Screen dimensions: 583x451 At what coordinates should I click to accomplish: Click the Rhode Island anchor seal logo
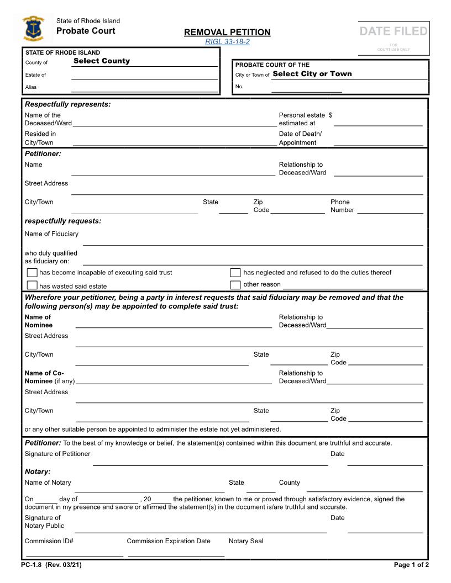[x=34, y=29]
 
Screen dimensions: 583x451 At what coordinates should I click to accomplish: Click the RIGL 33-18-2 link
[x=227, y=42]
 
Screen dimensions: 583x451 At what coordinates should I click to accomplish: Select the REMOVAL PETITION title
[x=227, y=32]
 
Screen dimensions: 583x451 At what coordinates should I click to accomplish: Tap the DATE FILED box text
[x=394, y=31]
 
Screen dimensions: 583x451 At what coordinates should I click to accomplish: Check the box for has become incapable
[x=33, y=273]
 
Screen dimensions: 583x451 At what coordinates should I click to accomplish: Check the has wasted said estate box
[x=33, y=285]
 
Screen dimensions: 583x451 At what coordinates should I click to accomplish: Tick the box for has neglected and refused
[x=235, y=273]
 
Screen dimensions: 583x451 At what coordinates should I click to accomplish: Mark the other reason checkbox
[x=235, y=285]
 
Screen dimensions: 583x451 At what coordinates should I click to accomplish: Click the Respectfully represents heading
[x=67, y=104]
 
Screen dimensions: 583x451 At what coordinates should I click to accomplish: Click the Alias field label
[x=31, y=87]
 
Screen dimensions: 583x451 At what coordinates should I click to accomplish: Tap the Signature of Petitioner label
[x=57, y=454]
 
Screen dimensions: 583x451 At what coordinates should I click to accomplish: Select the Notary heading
[x=38, y=471]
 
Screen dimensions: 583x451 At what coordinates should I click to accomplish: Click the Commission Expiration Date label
[x=169, y=541]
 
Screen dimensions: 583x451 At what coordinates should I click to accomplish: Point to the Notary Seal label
[x=246, y=541]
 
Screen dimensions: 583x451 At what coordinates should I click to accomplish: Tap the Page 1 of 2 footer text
[x=411, y=565]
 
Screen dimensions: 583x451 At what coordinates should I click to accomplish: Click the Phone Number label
[x=342, y=206]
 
